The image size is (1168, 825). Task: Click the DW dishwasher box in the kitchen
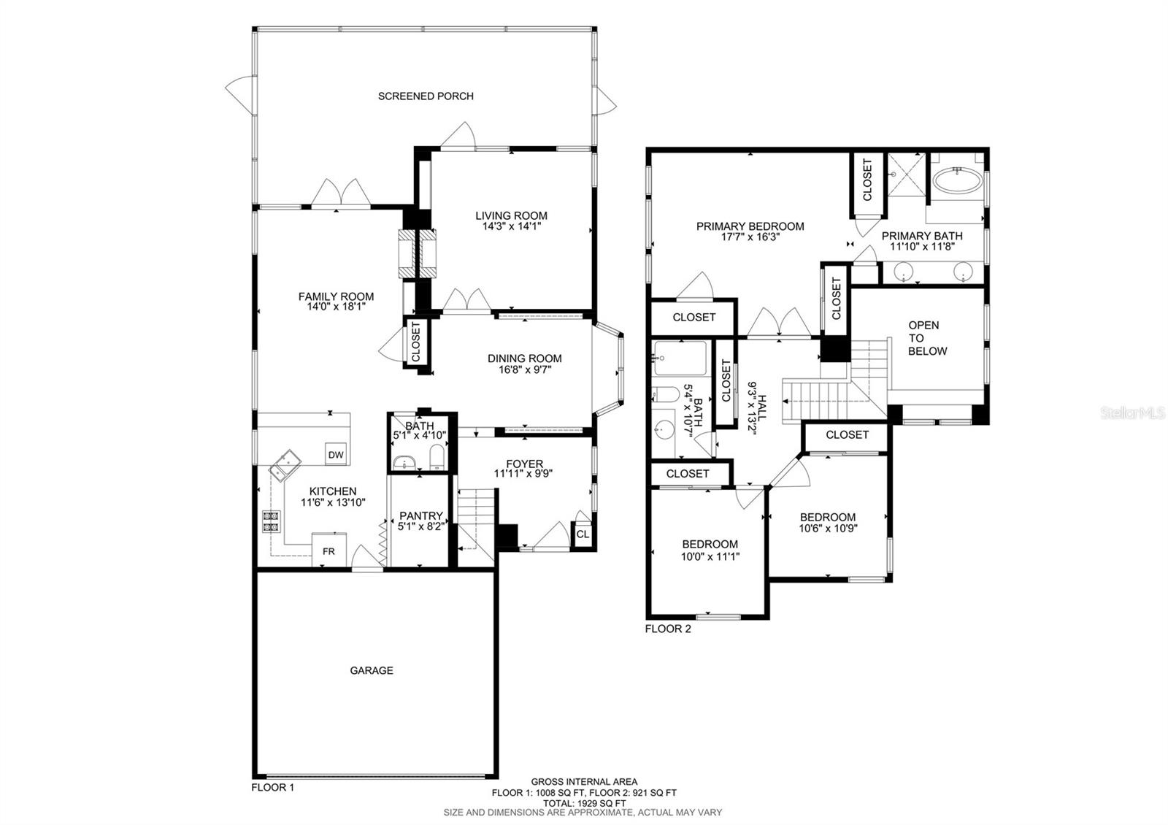[336, 454]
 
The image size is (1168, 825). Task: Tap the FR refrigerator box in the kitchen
[329, 550]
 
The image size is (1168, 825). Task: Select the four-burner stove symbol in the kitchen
[271, 521]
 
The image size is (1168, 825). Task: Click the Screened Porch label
[426, 96]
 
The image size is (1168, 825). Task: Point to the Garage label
[372, 670]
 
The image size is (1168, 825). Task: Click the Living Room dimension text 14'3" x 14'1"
[512, 226]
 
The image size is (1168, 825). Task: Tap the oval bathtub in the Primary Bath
[957, 180]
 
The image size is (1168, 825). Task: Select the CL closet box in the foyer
[583, 534]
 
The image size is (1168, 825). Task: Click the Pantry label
[421, 515]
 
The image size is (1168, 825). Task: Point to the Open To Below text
[927, 338]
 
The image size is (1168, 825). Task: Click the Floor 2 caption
[668, 629]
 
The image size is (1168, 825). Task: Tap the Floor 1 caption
[273, 787]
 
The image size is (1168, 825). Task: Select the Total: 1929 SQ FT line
[584, 803]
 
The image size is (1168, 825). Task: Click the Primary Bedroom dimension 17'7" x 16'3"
[750, 237]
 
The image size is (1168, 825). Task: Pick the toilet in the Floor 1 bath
[437, 457]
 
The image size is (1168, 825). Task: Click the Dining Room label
[525, 358]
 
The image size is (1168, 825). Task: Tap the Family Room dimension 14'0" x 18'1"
[337, 307]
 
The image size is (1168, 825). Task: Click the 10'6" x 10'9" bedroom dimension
[828, 528]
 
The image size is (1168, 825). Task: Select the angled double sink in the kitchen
[285, 465]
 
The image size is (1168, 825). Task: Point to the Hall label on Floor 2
[762, 408]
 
